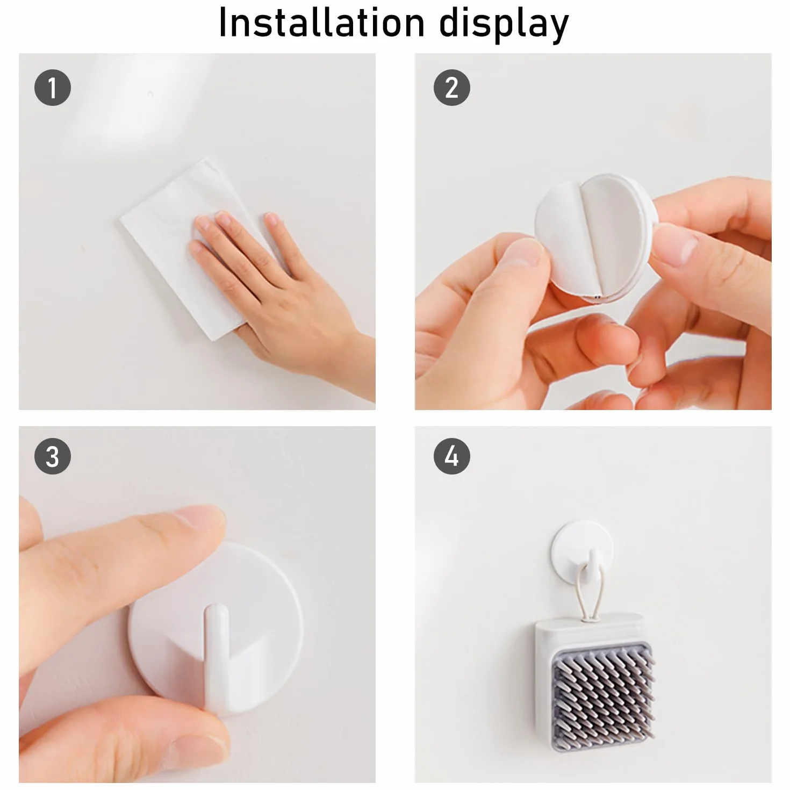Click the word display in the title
click(x=504, y=25)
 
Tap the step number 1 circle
click(x=53, y=88)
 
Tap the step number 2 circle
click(x=452, y=88)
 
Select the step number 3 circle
click(x=53, y=456)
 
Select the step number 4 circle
click(x=452, y=456)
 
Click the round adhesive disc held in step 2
click(x=597, y=238)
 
